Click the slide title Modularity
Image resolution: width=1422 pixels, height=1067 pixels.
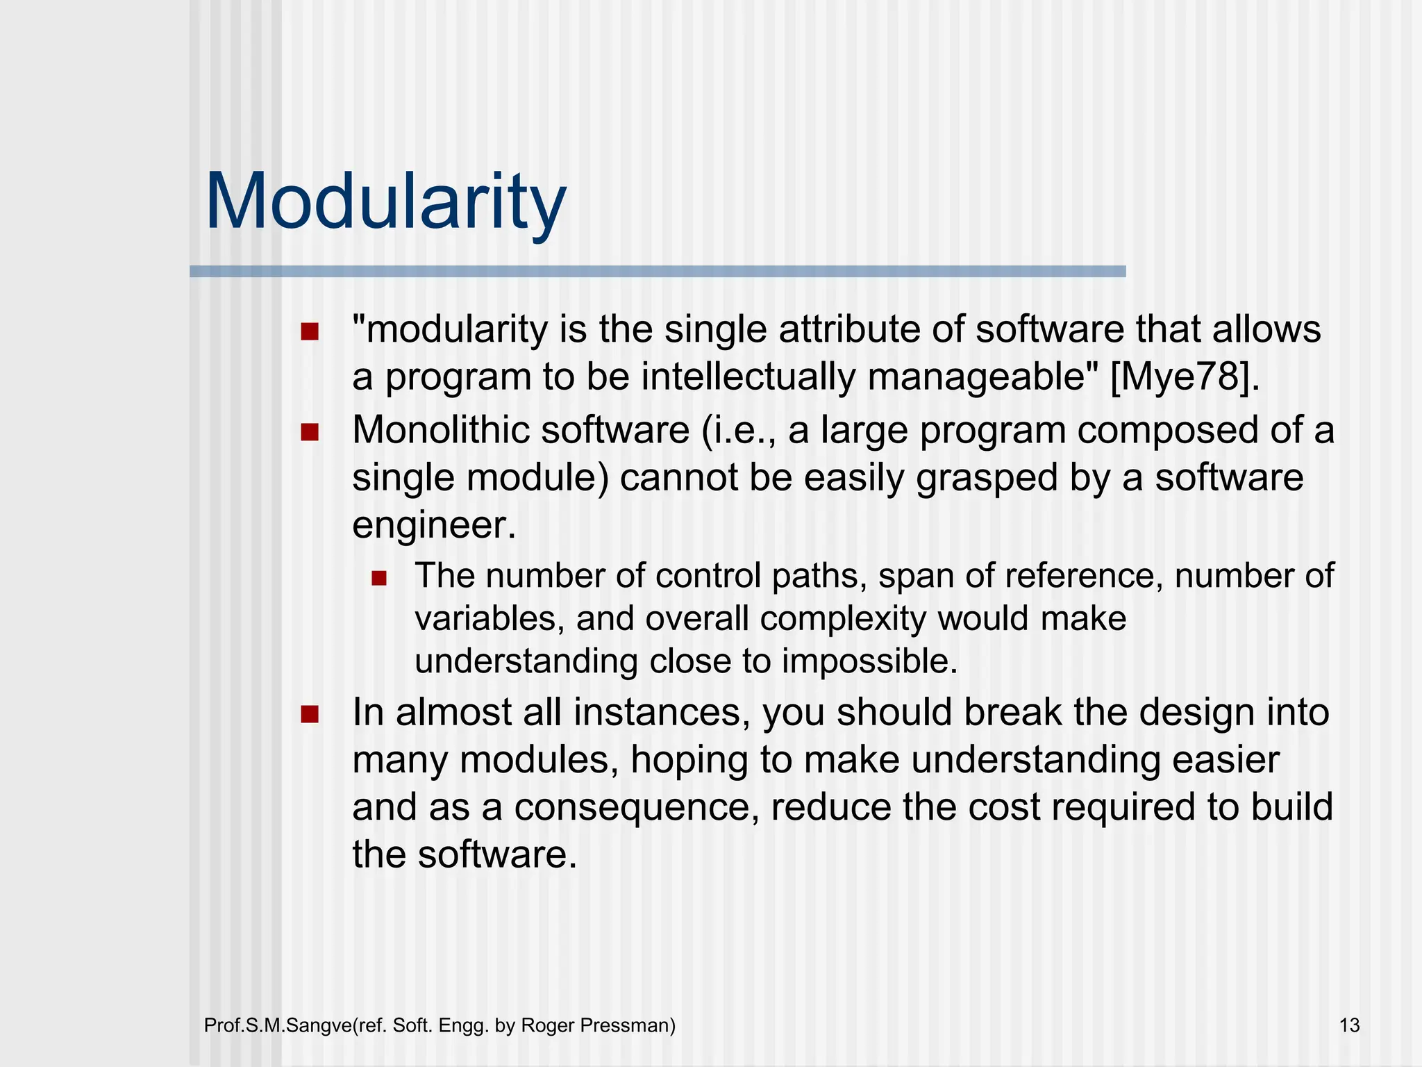[x=386, y=201]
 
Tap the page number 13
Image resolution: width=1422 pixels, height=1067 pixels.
[x=1349, y=1025]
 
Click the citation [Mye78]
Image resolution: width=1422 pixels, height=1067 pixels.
[x=1185, y=377]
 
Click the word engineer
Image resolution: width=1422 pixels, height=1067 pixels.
[x=434, y=525]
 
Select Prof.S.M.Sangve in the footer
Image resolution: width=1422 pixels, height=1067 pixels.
[x=278, y=1025]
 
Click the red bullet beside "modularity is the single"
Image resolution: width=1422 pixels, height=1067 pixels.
[x=309, y=331]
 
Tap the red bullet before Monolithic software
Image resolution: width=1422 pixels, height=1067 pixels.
[x=309, y=433]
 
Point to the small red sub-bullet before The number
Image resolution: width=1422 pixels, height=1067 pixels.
[x=378, y=578]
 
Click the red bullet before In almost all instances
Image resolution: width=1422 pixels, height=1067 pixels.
[x=309, y=715]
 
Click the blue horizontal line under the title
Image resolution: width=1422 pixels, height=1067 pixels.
[x=657, y=272]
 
